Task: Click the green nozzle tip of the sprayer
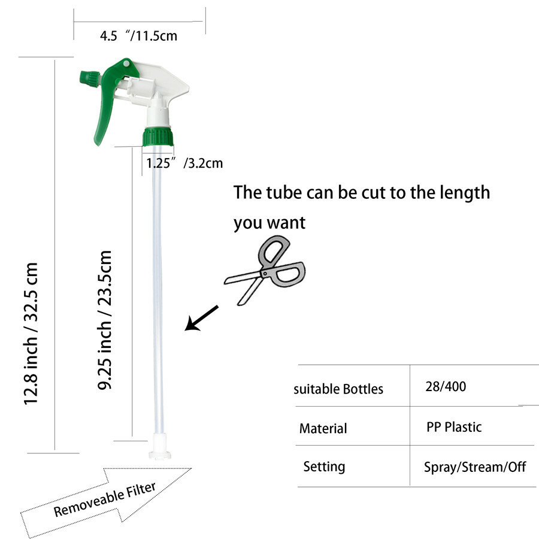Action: [x=90, y=77]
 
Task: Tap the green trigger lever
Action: [x=110, y=99]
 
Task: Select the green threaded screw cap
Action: [x=158, y=137]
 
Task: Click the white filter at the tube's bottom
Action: [x=160, y=446]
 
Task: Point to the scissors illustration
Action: [x=265, y=270]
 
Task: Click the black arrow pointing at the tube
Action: [x=201, y=318]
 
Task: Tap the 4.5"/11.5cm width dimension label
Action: [x=138, y=36]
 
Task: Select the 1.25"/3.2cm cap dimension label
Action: [x=184, y=163]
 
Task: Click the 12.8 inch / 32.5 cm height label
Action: [x=31, y=334]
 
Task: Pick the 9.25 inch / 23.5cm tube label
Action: [x=104, y=320]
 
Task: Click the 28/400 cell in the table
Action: [x=446, y=387]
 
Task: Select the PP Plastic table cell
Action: [x=454, y=427]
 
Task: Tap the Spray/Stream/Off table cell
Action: [x=475, y=467]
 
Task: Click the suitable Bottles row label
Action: [x=338, y=389]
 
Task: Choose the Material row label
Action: [x=323, y=429]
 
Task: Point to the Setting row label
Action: [x=324, y=467]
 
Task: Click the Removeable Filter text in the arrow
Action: [x=105, y=499]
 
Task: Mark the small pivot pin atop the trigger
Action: [x=126, y=63]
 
